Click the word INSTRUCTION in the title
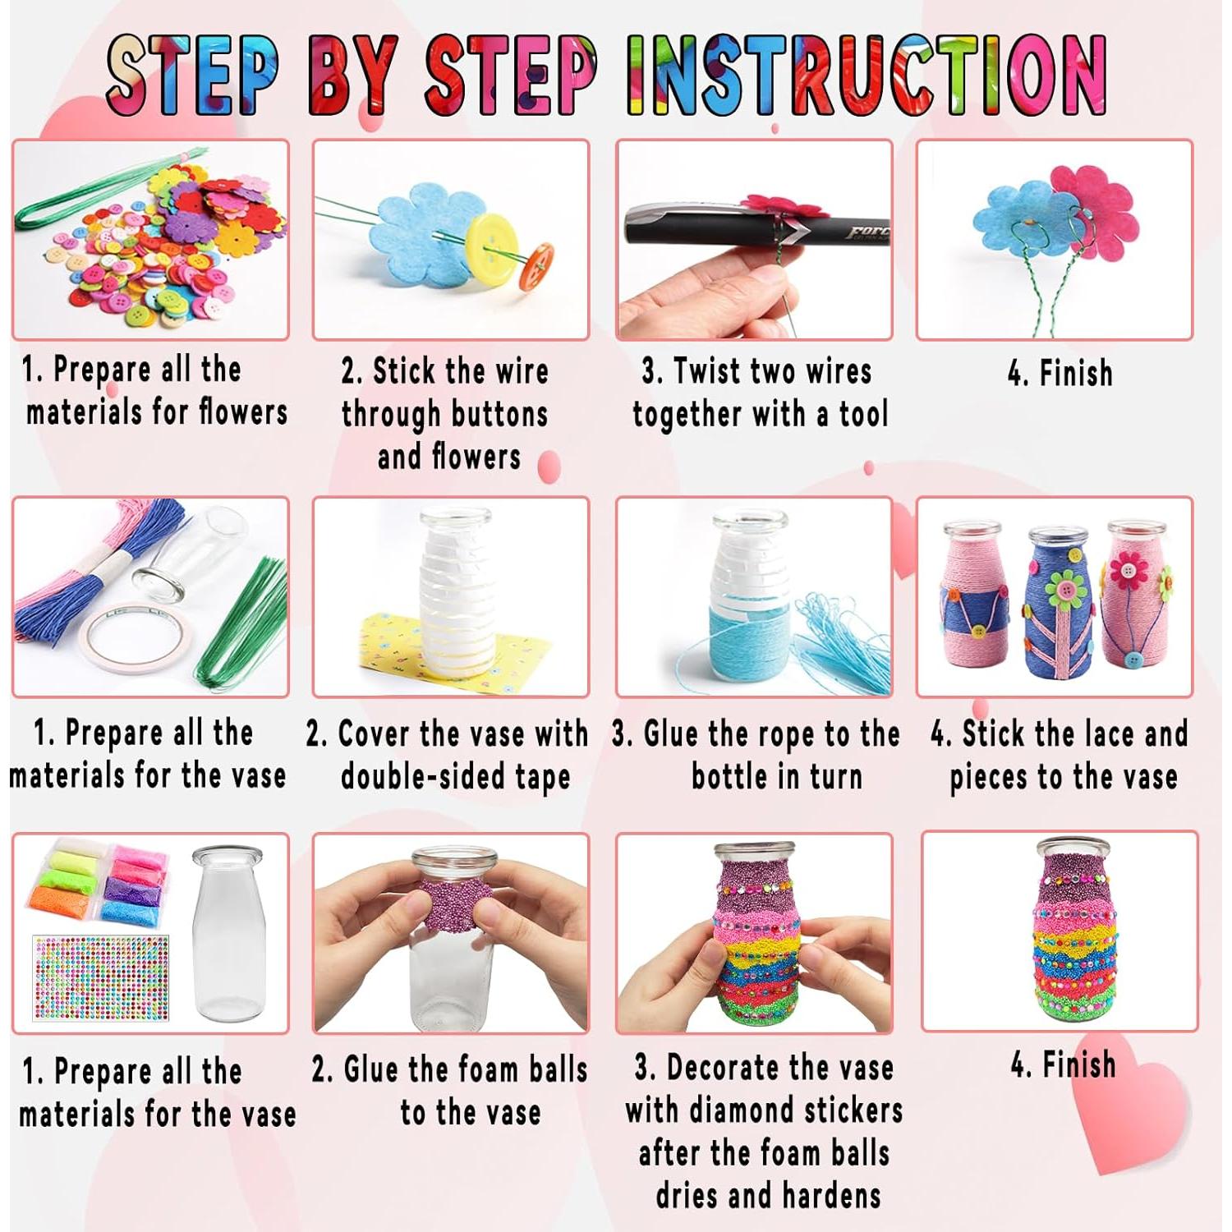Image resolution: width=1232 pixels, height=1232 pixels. (x=867, y=76)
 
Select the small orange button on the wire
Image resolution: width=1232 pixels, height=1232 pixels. (x=536, y=264)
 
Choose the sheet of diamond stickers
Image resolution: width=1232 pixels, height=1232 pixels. (x=101, y=977)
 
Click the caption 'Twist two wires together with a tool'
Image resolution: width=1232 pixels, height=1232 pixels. (x=760, y=393)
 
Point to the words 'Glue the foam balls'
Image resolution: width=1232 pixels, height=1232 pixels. (x=449, y=1070)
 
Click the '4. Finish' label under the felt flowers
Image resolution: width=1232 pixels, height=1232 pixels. (x=1060, y=374)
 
